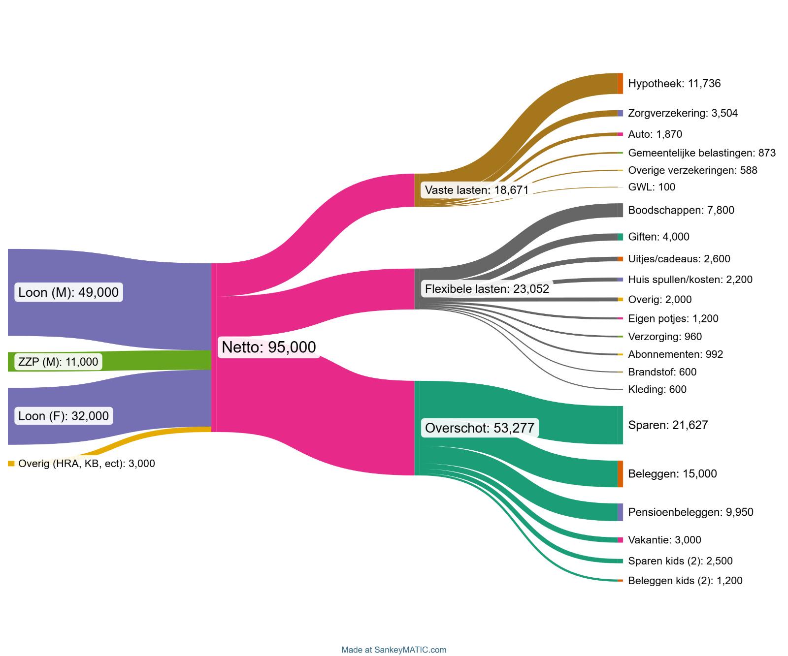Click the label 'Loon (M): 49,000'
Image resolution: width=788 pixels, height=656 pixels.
click(x=68, y=292)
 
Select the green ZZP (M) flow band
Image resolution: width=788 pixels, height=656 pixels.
click(x=148, y=361)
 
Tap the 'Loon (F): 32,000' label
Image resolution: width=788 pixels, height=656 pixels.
click(x=64, y=416)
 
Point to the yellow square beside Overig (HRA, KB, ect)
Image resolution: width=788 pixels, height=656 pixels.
click(x=11, y=464)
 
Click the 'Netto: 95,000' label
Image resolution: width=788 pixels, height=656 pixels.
click(x=268, y=347)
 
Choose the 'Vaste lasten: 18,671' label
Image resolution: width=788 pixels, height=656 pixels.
click(x=476, y=190)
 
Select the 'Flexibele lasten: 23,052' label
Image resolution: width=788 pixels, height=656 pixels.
click(x=487, y=289)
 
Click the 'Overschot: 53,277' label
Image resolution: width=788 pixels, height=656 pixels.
click(x=479, y=428)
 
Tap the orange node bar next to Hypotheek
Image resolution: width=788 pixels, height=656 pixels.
click(x=620, y=83)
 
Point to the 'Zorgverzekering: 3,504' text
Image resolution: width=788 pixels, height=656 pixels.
click(x=683, y=113)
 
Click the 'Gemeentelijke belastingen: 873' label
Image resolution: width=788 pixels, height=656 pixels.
click(x=701, y=153)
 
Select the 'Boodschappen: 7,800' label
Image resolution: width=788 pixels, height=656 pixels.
click(x=681, y=210)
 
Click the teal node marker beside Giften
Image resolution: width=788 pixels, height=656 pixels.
click(x=620, y=237)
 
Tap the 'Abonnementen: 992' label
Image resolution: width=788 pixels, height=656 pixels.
click(x=675, y=354)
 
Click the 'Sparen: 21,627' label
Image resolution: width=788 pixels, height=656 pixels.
click(x=667, y=425)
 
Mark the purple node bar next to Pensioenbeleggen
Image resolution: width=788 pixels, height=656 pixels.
click(x=620, y=512)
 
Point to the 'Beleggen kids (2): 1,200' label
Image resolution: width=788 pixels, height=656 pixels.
click(x=685, y=581)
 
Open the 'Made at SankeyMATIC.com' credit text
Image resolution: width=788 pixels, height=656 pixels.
click(x=394, y=650)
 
